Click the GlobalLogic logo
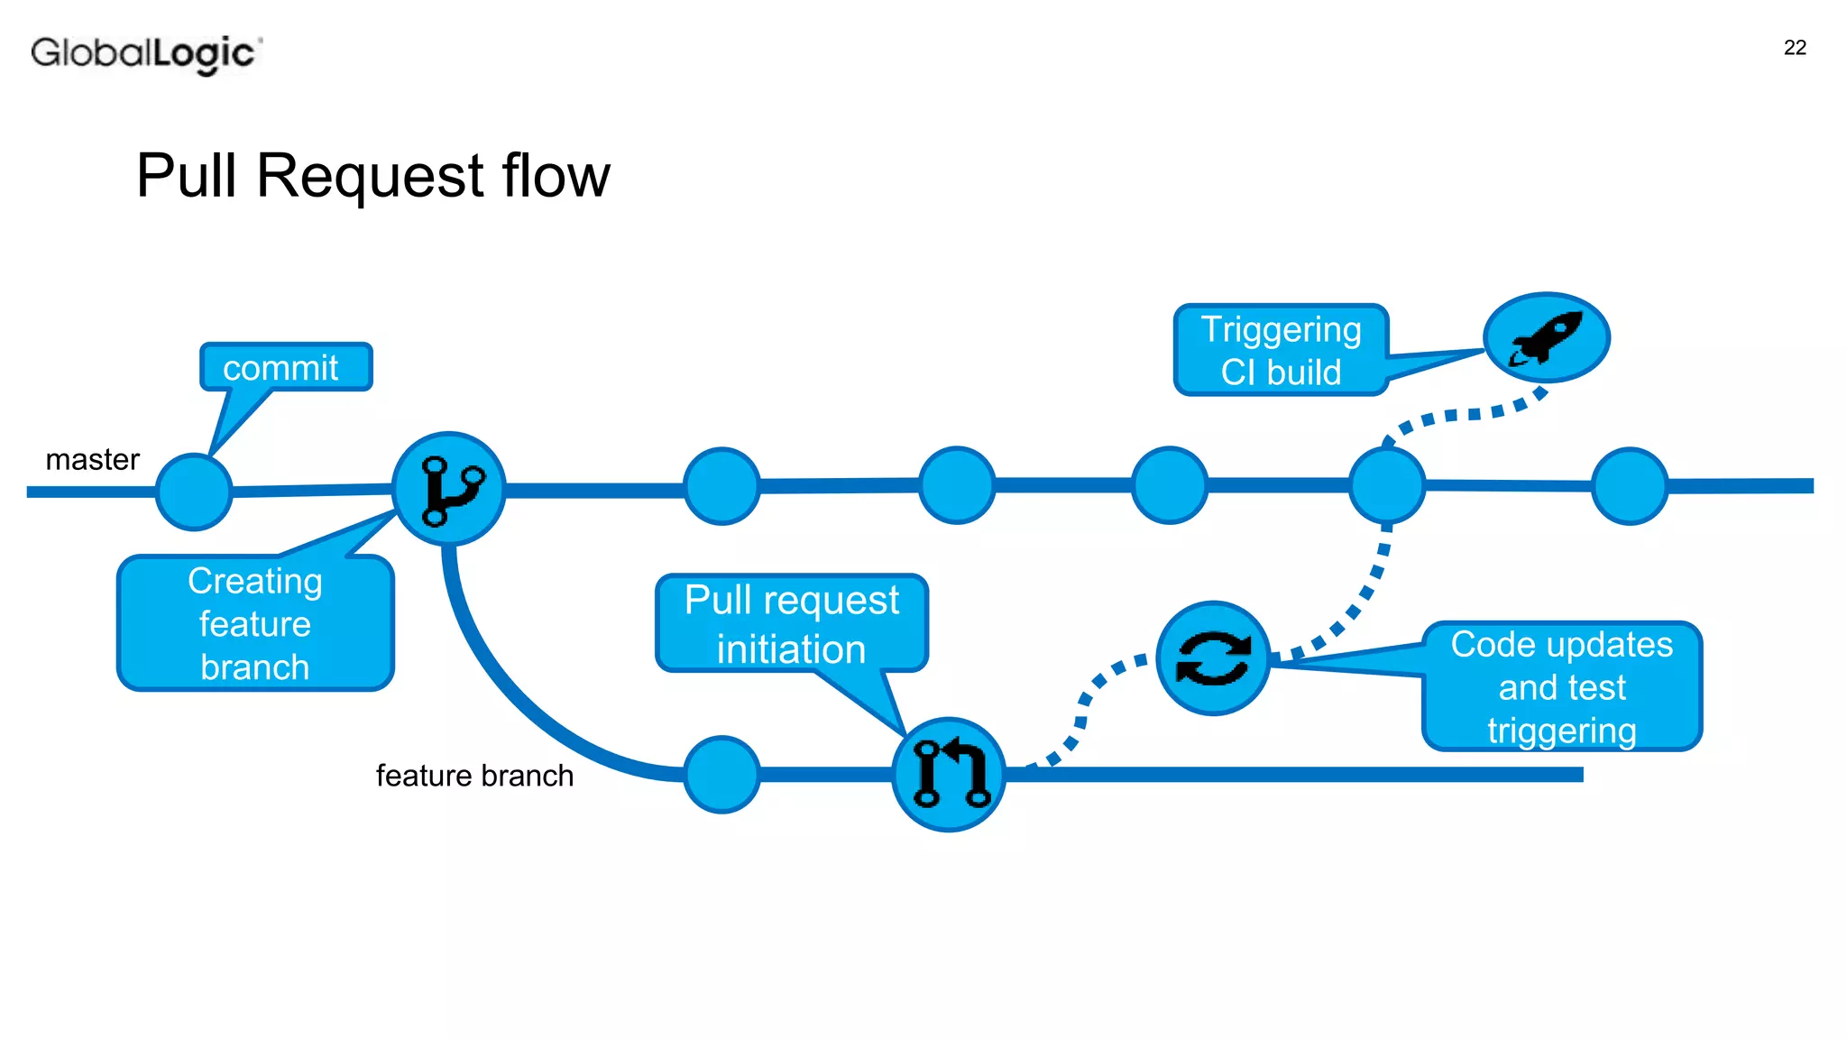(144, 53)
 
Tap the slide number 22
(1794, 48)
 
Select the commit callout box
(285, 367)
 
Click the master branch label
(92, 460)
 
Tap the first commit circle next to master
(194, 492)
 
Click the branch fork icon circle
(448, 489)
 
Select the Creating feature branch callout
(255, 623)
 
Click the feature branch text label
(474, 776)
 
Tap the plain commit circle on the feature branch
(721, 775)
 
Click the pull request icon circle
(949, 775)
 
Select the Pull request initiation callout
(792, 623)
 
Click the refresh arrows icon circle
(1213, 658)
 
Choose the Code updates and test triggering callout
(1561, 686)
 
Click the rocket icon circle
(1546, 337)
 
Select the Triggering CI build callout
(1281, 350)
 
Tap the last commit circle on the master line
(1630, 486)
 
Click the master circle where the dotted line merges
(1387, 485)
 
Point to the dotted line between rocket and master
(1461, 415)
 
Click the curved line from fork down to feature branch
(505, 685)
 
